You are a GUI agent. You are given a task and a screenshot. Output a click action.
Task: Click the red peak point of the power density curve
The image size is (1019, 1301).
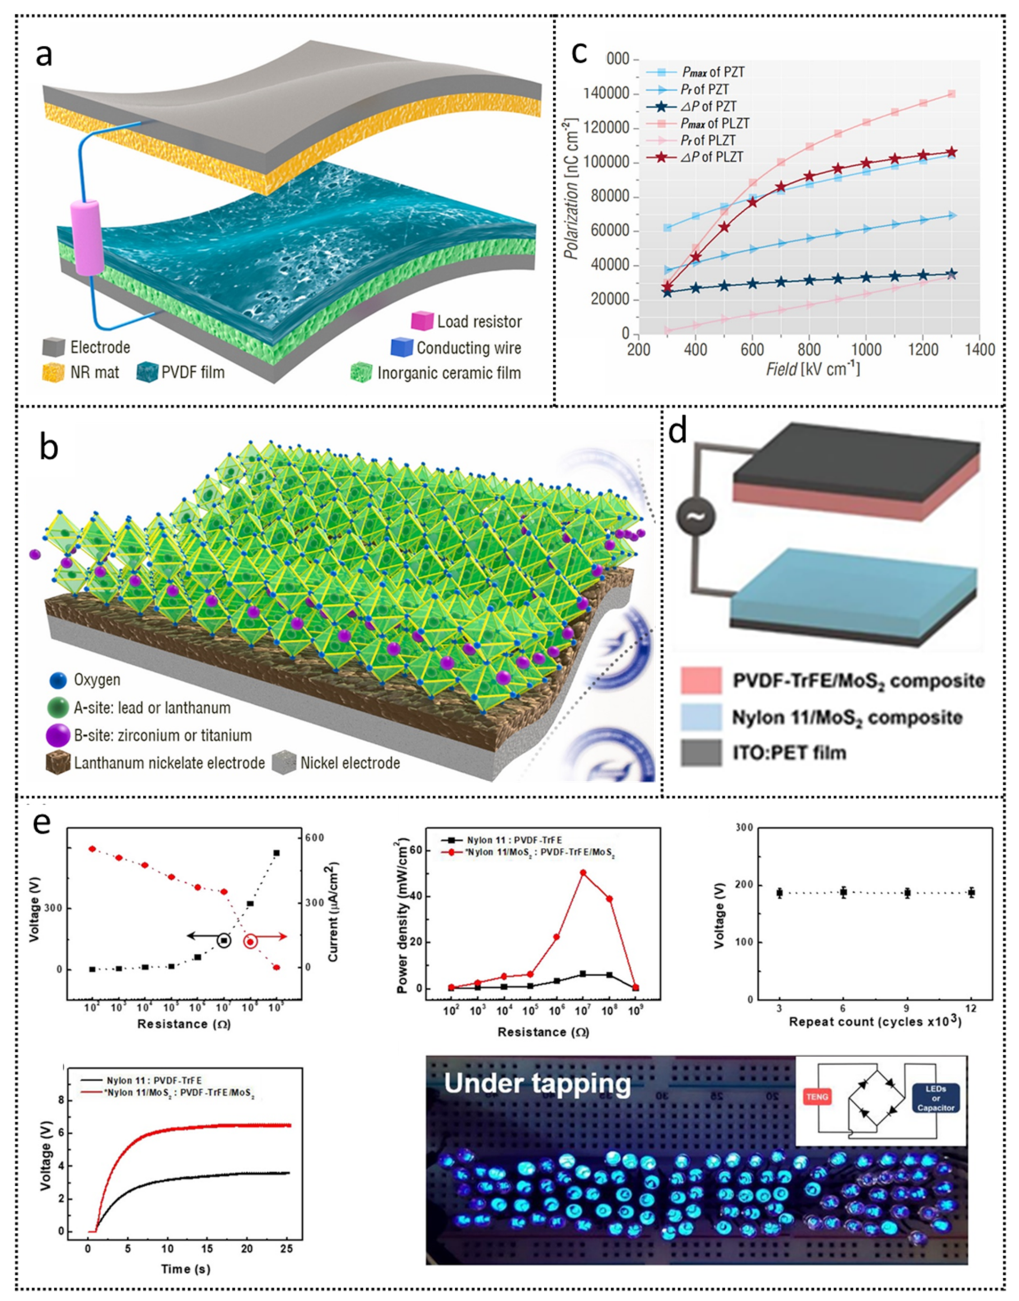click(583, 873)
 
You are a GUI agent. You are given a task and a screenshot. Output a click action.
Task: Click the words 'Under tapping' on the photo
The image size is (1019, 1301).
click(537, 1084)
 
